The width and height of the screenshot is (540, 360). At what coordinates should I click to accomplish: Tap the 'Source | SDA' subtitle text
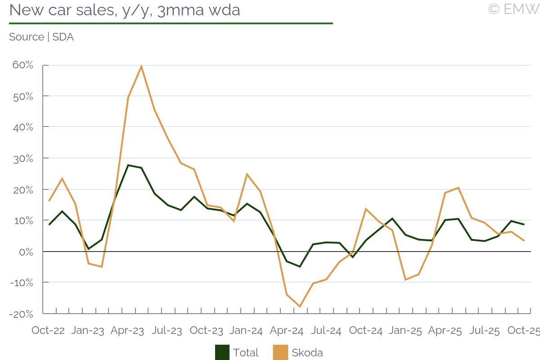41,37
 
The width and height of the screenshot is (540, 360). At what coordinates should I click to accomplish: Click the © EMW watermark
513,9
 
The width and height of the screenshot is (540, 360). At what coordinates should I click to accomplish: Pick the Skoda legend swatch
280,352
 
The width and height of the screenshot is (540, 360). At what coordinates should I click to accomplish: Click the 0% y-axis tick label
26,252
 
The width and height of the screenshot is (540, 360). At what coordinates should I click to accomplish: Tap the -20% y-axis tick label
22,314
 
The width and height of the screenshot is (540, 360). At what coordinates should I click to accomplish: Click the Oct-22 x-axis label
48,331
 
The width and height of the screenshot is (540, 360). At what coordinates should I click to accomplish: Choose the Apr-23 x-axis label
127,331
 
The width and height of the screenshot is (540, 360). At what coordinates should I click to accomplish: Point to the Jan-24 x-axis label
246,331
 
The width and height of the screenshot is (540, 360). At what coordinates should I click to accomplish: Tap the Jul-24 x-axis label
326,331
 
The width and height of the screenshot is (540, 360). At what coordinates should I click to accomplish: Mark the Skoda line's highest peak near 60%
141,67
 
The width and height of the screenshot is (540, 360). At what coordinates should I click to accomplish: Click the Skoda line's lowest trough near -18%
300,306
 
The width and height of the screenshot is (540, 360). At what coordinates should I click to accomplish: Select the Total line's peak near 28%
128,165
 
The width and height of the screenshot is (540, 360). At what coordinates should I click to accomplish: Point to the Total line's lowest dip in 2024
300,266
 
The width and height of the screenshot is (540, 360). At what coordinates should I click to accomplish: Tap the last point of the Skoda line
524,241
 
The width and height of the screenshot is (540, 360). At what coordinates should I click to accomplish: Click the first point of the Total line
49,225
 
